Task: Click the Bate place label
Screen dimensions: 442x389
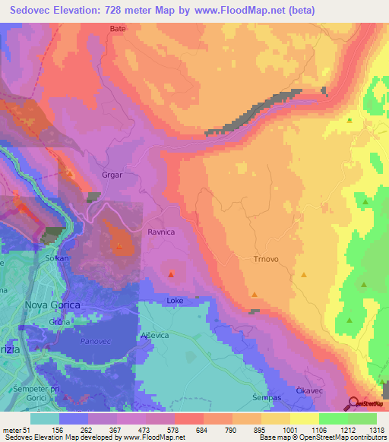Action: point(117,28)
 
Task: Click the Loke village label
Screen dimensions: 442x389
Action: point(175,301)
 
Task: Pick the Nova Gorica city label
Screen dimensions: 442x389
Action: point(52,305)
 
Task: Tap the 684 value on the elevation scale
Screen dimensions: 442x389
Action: point(188,429)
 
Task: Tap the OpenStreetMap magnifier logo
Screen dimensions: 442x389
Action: point(352,404)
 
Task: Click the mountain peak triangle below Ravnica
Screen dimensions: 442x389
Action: point(172,274)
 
